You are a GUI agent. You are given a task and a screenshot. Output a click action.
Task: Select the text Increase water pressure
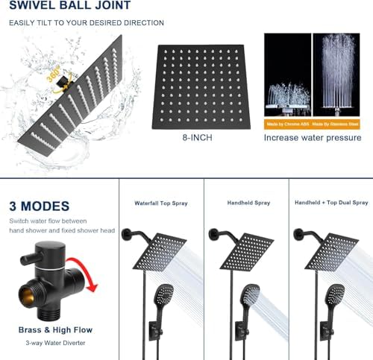(x=313, y=138)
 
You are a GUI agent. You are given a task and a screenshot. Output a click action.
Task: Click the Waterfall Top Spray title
(x=160, y=203)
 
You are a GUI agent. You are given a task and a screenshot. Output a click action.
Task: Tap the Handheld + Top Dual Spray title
(x=331, y=203)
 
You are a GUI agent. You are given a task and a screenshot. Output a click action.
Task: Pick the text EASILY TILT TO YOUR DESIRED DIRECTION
(x=86, y=22)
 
